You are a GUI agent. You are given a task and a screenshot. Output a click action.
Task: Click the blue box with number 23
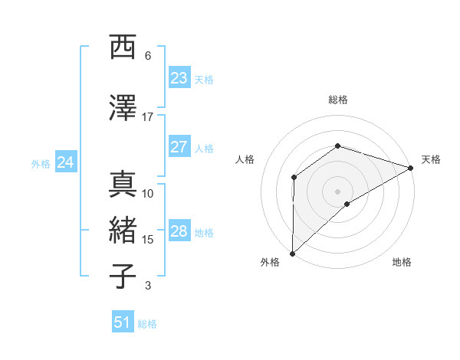tap(179, 78)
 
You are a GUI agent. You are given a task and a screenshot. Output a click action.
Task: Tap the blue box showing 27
tap(179, 147)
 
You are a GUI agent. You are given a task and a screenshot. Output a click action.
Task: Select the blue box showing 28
tap(179, 231)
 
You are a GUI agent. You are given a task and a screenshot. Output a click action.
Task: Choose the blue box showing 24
tap(66, 162)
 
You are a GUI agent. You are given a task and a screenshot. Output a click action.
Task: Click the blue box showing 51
tap(123, 322)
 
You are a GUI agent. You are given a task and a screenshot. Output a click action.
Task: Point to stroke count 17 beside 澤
tap(148, 117)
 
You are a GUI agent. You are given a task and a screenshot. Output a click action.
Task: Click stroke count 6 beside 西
tap(148, 56)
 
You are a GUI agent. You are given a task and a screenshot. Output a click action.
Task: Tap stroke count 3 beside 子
tap(148, 286)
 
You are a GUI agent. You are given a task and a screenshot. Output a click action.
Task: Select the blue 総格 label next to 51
tap(147, 324)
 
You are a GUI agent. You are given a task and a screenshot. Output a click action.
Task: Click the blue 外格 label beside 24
tap(41, 163)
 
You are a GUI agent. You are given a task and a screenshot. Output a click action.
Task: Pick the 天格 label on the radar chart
tap(431, 159)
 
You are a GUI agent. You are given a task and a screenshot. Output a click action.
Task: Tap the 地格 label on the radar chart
tap(402, 263)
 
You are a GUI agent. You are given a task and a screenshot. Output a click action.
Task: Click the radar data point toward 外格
tap(292, 253)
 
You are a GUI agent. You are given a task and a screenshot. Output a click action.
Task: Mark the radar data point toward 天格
tap(412, 167)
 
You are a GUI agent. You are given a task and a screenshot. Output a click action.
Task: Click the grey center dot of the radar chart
tap(337, 191)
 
